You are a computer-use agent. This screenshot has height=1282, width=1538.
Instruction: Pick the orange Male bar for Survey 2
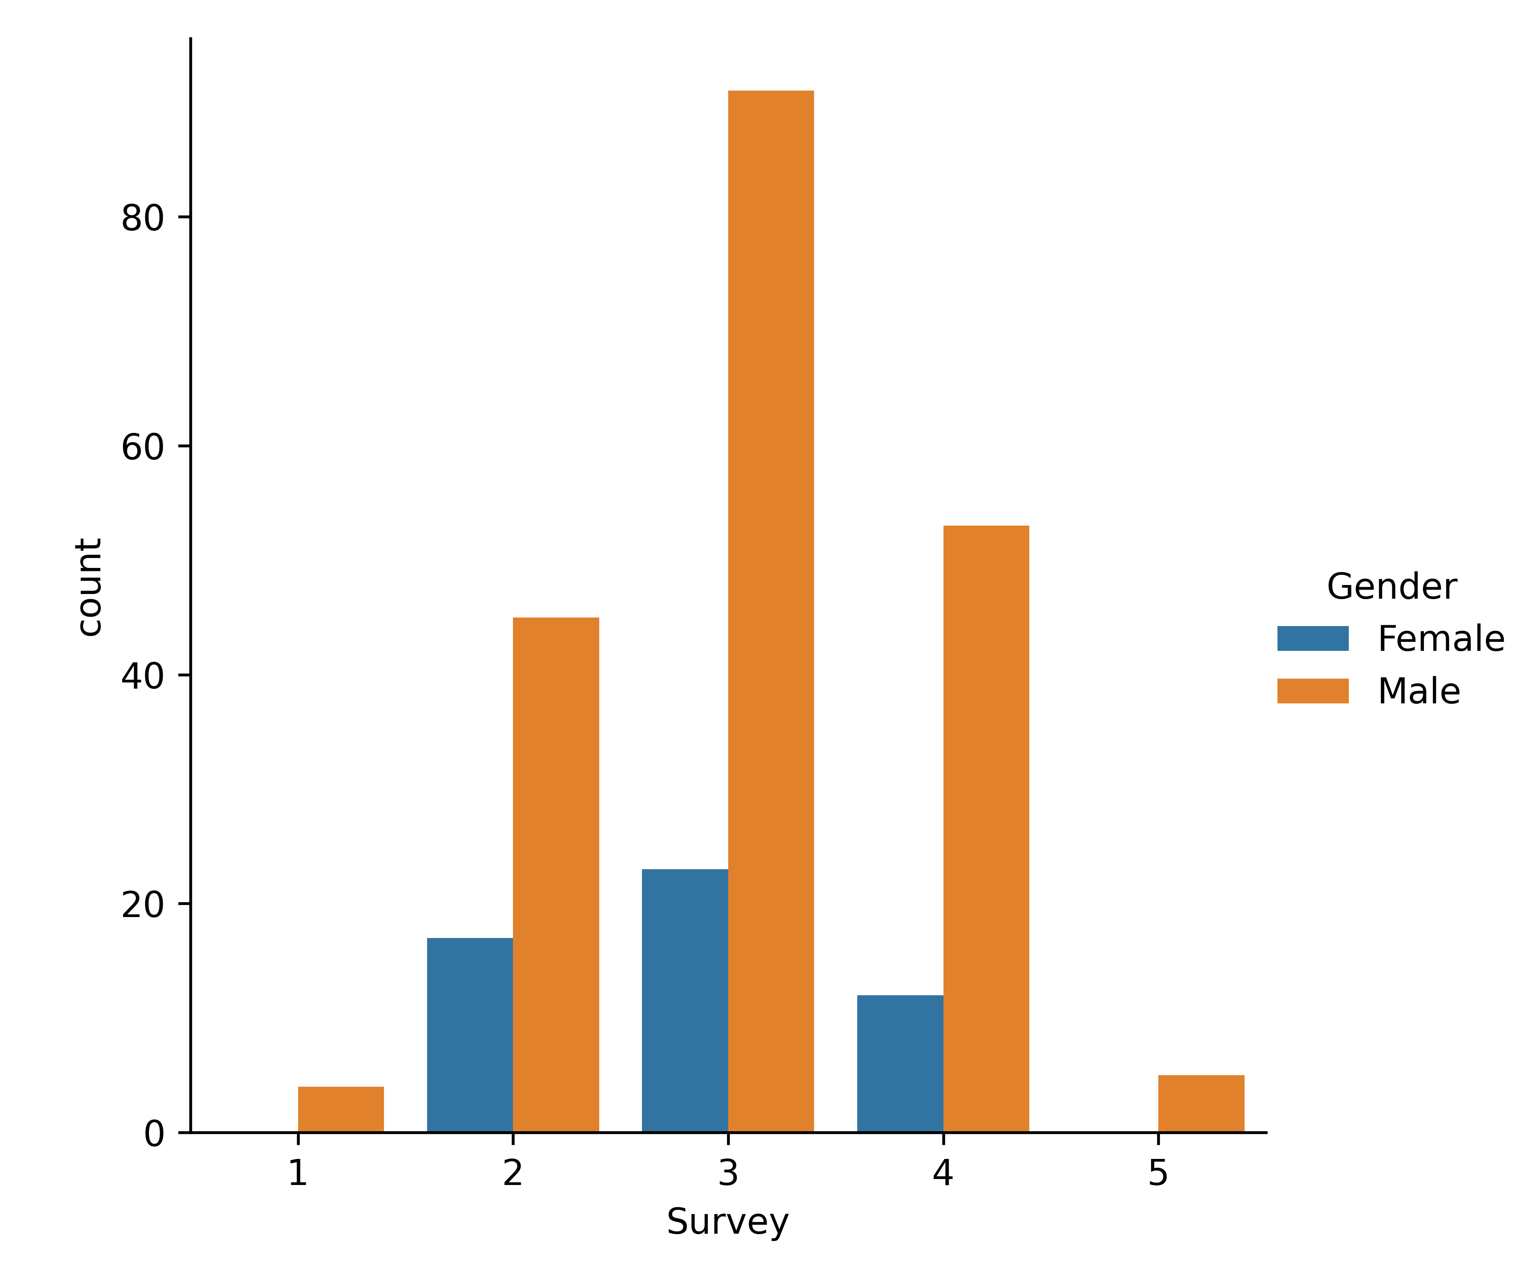tap(556, 875)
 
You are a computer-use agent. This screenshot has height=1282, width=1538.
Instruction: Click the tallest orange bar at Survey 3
tap(770, 611)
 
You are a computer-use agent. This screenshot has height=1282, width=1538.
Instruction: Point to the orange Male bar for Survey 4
tap(986, 829)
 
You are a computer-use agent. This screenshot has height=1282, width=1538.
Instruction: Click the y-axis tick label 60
tap(142, 447)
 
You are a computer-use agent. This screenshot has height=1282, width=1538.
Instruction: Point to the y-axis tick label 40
tap(142, 676)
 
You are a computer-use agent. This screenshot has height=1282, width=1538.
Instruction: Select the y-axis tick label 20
tap(142, 905)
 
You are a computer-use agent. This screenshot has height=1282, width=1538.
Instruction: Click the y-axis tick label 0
tap(154, 1134)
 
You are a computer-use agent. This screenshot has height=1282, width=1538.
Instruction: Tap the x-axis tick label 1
tap(297, 1173)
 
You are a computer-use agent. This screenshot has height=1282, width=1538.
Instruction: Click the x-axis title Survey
tap(727, 1222)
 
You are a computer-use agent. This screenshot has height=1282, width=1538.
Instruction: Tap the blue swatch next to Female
tap(1312, 638)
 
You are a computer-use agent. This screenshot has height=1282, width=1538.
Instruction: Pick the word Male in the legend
tap(1418, 691)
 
